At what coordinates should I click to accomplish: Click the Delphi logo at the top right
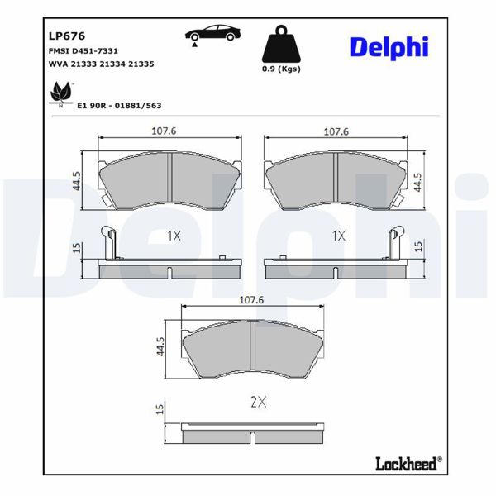[x=388, y=47]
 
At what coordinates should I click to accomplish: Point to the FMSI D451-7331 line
[x=77, y=50]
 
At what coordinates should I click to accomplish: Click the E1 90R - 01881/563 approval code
[x=119, y=105]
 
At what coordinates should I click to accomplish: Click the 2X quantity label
[x=258, y=403]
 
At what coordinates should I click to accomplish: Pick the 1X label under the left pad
[x=173, y=236]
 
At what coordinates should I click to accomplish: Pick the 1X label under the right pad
[x=337, y=236]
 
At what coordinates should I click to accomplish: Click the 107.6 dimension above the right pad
[x=336, y=131]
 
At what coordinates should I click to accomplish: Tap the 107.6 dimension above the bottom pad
[x=250, y=300]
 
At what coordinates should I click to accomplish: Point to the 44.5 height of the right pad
[x=418, y=181]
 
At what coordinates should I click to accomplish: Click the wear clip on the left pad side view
[x=108, y=241]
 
